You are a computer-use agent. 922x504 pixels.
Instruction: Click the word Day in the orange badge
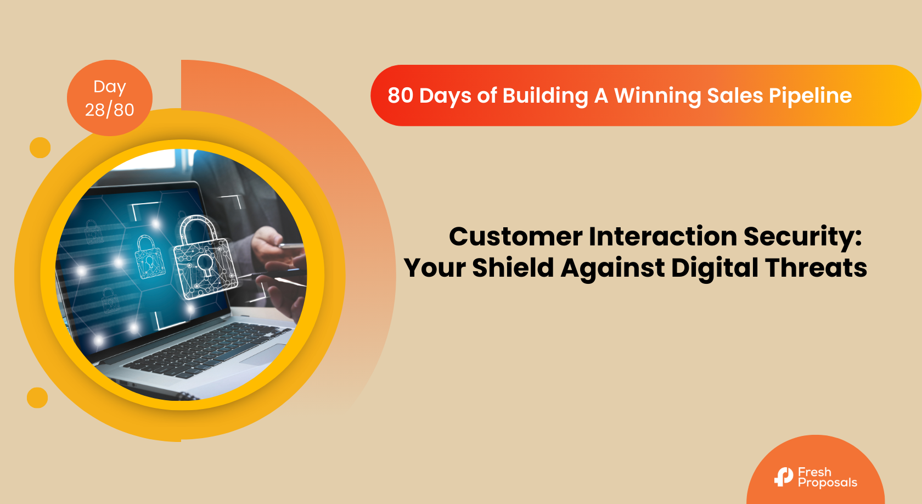point(110,87)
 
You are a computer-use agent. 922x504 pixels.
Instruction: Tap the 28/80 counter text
point(110,110)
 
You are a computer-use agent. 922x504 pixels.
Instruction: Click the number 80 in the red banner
point(400,96)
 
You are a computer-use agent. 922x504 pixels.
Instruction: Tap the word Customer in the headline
point(515,237)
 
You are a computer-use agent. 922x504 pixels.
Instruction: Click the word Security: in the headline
point(803,237)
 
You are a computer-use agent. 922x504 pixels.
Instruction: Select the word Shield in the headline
point(513,268)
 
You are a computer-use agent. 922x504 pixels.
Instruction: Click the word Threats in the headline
point(816,268)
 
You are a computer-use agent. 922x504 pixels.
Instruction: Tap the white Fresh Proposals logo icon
point(784,477)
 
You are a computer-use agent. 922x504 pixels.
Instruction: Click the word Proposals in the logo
point(828,483)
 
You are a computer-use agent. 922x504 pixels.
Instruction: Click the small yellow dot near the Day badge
point(40,148)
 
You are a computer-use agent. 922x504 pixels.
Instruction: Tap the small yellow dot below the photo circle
point(37,397)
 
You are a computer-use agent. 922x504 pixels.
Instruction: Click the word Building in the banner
point(545,96)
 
